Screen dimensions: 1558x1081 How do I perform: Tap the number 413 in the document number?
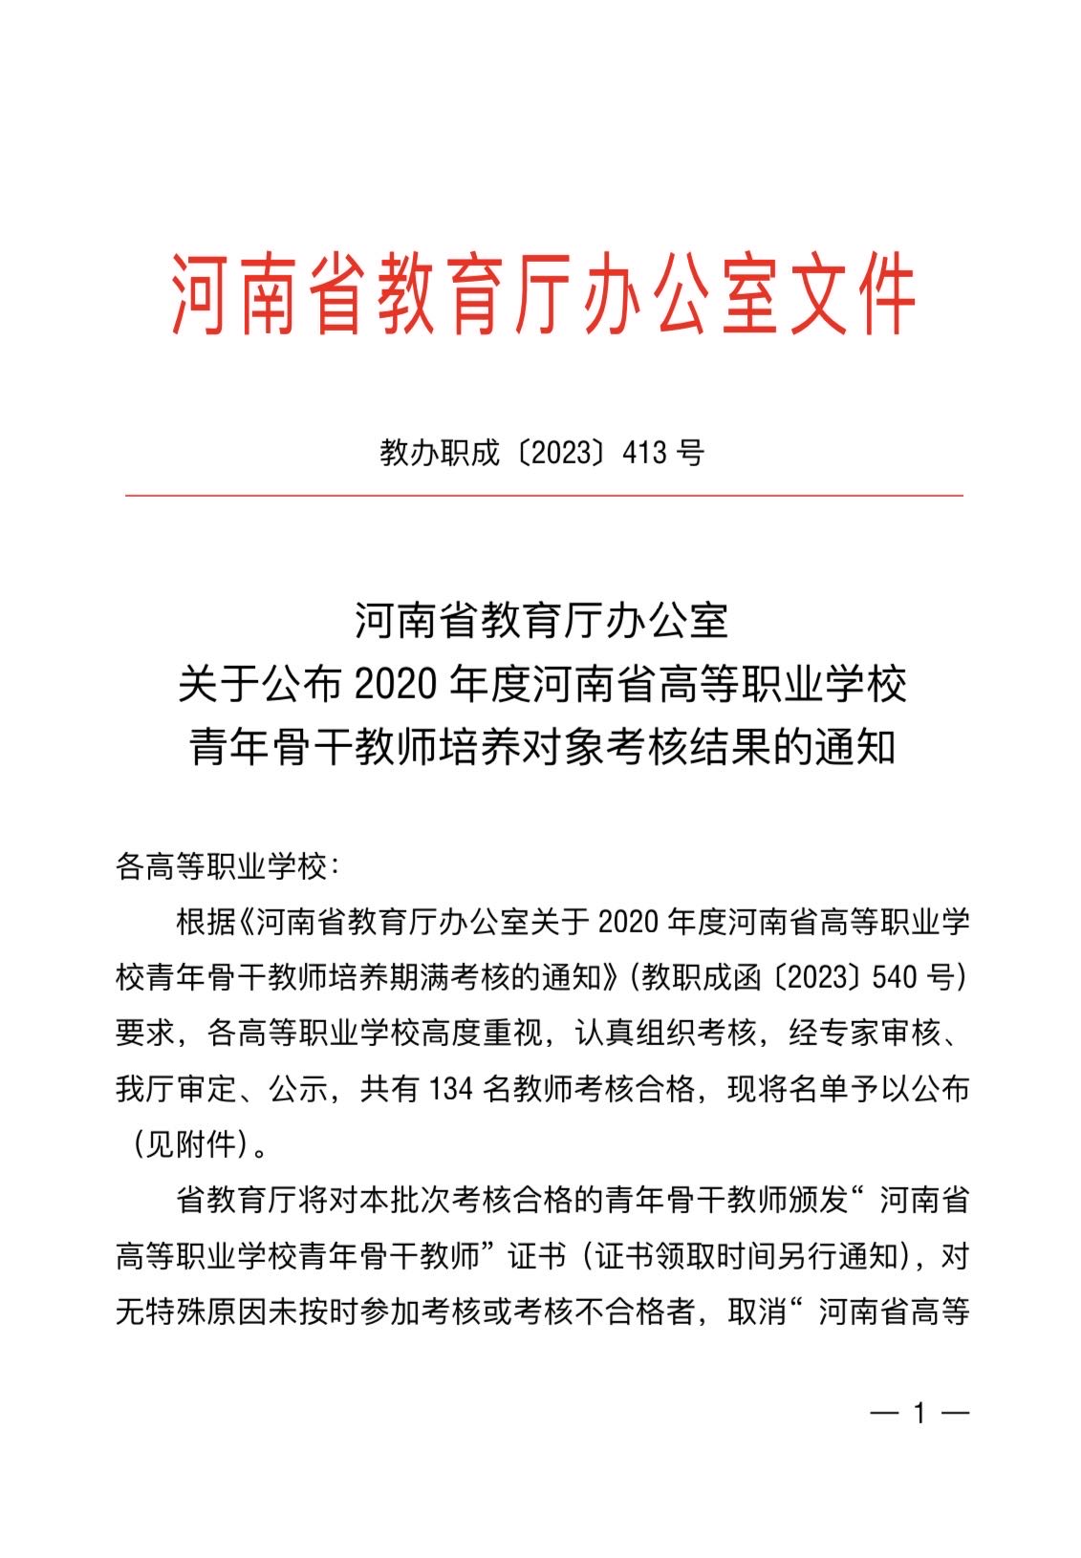tap(644, 452)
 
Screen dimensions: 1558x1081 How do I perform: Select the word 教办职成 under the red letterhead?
tap(439, 452)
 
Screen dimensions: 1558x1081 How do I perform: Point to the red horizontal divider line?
tap(543, 496)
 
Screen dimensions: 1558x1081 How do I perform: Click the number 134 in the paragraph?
tap(453, 1088)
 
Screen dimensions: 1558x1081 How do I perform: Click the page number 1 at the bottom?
tap(920, 1413)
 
